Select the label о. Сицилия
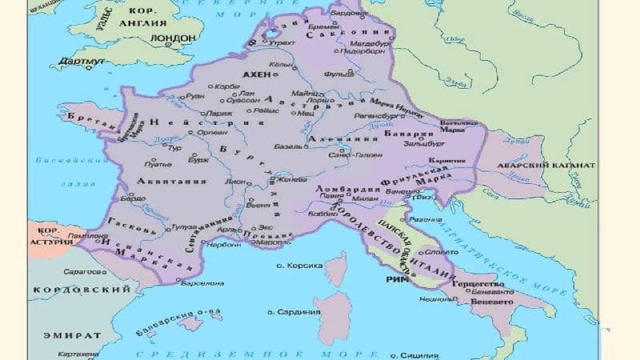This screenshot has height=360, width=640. [416, 352]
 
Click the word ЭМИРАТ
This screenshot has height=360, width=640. [72, 336]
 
